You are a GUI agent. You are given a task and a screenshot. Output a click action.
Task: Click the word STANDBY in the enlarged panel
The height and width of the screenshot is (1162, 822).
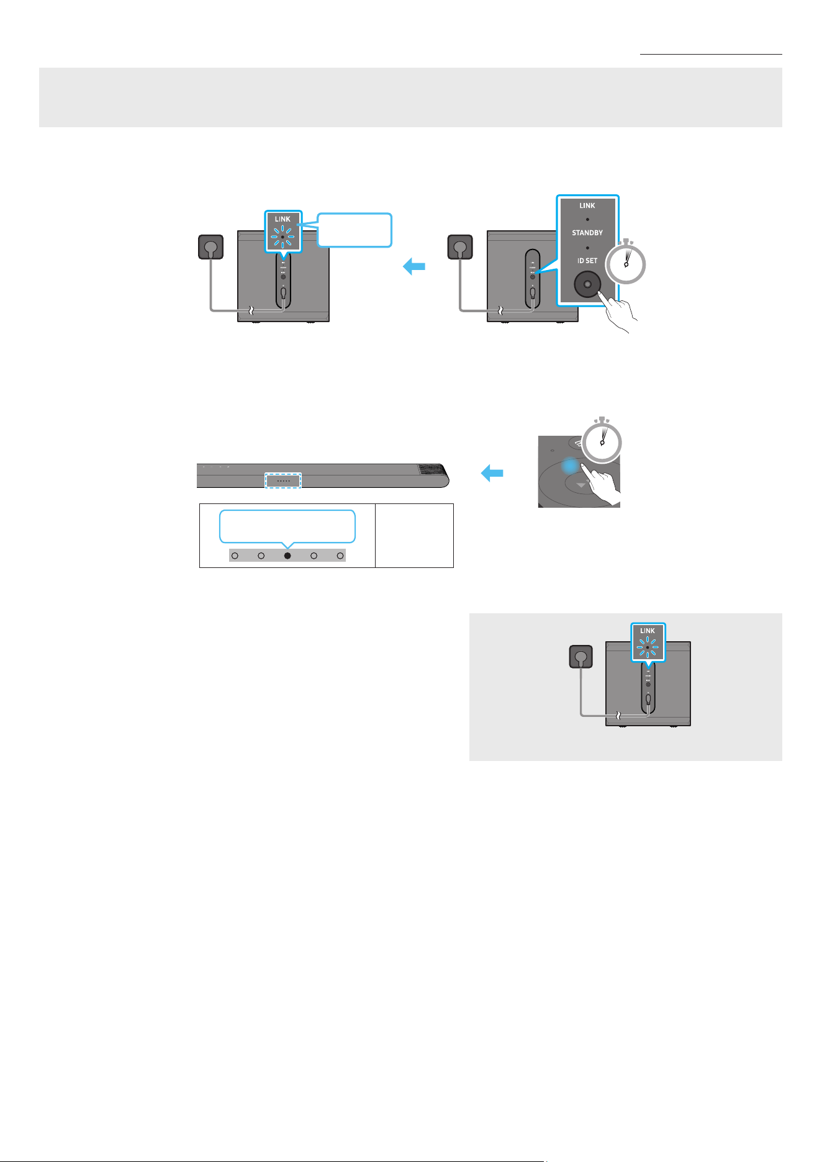tap(587, 233)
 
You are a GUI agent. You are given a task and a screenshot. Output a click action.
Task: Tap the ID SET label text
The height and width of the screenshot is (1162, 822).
tap(587, 261)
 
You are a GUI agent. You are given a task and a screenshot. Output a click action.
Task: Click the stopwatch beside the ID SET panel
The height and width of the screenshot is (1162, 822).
tap(626, 263)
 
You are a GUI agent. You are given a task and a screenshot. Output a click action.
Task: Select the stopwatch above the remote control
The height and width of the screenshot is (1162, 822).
tap(602, 441)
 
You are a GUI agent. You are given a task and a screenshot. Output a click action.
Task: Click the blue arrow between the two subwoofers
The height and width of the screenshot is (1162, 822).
tap(414, 267)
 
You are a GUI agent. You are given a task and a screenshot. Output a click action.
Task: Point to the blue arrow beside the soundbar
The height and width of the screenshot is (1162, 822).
tap(492, 474)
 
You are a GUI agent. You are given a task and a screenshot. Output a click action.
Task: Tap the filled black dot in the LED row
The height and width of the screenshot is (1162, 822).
tap(287, 556)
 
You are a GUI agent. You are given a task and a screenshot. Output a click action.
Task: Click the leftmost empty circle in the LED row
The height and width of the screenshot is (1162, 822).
tap(235, 556)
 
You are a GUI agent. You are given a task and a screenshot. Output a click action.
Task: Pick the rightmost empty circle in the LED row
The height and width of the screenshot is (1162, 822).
tap(340, 556)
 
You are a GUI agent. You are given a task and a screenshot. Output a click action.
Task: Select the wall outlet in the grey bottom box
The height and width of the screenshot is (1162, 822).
tap(580, 657)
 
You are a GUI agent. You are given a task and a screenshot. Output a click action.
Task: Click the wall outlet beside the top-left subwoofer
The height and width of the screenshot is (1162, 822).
tap(210, 246)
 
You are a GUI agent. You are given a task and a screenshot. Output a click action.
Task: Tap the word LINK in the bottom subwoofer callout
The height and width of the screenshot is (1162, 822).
tap(648, 631)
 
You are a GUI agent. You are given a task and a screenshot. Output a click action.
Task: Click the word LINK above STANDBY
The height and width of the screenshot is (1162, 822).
tap(587, 205)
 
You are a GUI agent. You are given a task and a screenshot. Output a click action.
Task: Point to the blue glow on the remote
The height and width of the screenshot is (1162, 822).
tap(571, 466)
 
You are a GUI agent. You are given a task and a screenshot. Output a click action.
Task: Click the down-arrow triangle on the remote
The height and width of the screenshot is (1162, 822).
tap(580, 485)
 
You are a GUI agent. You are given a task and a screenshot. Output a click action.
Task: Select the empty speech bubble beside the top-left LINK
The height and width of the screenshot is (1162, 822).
tap(355, 230)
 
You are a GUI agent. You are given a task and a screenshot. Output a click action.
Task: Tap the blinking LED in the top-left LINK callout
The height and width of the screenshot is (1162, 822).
tap(282, 236)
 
